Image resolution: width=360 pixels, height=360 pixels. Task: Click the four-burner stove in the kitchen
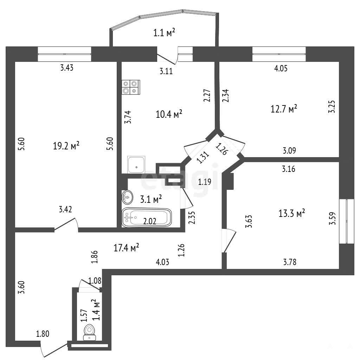[131, 87]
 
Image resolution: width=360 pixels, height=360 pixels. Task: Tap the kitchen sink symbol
[136, 165]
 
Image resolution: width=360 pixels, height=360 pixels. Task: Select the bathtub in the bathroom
[147, 217]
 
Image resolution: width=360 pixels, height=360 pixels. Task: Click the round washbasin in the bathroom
[127, 197]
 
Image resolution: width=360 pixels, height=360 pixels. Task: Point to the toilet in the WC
[90, 332]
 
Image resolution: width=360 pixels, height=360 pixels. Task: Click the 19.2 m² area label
[66, 146]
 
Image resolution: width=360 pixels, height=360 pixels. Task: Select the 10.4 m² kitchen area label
[169, 114]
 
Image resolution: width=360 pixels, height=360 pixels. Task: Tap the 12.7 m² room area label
[284, 109]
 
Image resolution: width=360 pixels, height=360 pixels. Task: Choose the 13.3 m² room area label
[291, 213]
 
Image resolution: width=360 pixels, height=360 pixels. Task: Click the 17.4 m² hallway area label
[126, 248]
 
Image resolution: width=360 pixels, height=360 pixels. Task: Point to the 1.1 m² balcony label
[164, 33]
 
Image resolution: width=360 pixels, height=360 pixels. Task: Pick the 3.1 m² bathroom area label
[151, 199]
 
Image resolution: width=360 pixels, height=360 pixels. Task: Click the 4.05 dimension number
[281, 69]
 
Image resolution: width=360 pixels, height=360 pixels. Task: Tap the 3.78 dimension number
[290, 262]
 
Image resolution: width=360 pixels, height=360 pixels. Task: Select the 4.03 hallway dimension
[162, 262]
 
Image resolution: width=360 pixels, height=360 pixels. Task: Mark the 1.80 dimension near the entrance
[43, 334]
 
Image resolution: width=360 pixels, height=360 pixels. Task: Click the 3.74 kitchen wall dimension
[128, 117]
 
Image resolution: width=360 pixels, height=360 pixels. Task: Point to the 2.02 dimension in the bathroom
[150, 221]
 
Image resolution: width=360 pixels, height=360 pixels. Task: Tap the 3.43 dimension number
[66, 68]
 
